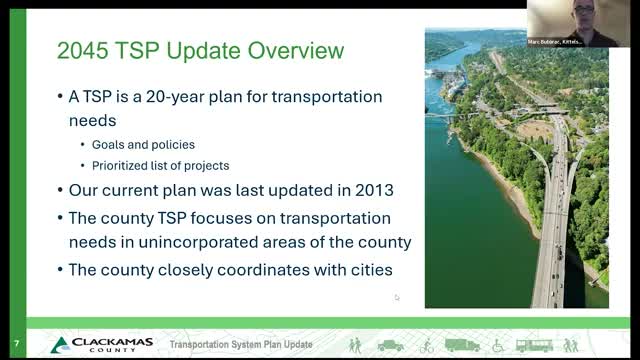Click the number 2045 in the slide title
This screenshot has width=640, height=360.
coord(82,51)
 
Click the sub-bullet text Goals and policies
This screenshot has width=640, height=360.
coord(143,143)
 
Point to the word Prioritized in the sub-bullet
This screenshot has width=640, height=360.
coord(129,163)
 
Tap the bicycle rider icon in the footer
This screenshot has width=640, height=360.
coord(427,345)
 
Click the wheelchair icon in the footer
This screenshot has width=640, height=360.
coord(497,345)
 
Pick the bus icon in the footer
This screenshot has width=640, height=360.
coord(534,345)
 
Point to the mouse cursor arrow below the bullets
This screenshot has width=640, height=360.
coord(397,297)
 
